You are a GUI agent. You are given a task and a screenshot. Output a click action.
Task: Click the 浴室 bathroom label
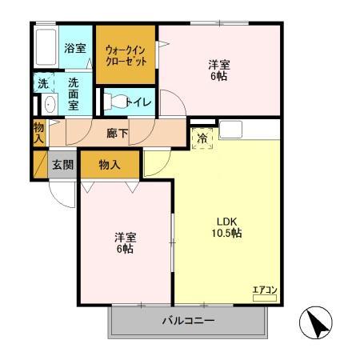click(x=75, y=48)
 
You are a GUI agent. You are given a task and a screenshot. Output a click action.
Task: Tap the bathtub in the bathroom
click(x=46, y=49)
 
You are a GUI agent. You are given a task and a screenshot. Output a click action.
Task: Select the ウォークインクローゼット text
click(x=126, y=54)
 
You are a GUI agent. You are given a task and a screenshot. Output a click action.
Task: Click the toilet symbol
click(x=116, y=102)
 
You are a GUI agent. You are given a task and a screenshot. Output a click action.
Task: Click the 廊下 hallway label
click(x=117, y=133)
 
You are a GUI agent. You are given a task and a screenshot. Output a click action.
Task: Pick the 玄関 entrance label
click(x=63, y=166)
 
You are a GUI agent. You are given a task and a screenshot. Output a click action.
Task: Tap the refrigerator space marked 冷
click(x=202, y=137)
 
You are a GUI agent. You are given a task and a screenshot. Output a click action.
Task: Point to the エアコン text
click(x=264, y=290)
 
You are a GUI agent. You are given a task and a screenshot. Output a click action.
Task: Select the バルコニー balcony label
click(x=188, y=322)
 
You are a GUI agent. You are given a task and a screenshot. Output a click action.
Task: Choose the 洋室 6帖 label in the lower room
click(x=124, y=243)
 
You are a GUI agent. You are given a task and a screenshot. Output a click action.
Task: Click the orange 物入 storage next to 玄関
click(x=110, y=165)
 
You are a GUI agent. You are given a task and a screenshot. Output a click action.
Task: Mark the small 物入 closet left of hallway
click(x=38, y=131)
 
